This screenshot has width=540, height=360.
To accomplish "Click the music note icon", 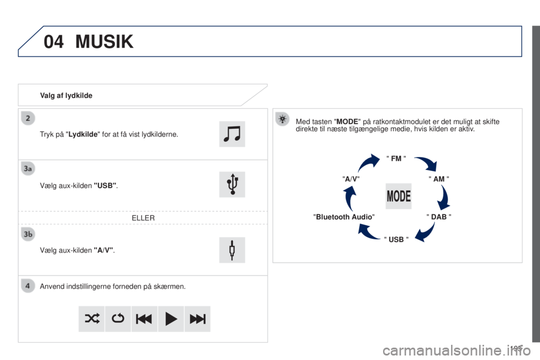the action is pyautogui.click(x=232, y=134).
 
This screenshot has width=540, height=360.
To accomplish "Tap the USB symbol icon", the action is pyautogui.click(x=232, y=184).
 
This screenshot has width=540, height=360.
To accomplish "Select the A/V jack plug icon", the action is pyautogui.click(x=232, y=250).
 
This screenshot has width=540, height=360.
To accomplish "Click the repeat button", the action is pyautogui.click(x=118, y=319).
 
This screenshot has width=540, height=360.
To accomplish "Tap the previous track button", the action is pyautogui.click(x=145, y=319).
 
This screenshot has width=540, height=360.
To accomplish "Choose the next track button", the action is pyautogui.click(x=197, y=319).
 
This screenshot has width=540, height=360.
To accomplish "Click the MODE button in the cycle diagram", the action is pyautogui.click(x=398, y=196).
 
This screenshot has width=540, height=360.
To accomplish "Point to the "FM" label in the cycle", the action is pyautogui.click(x=396, y=159).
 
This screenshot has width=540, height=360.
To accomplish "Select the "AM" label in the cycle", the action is pyautogui.click(x=439, y=179).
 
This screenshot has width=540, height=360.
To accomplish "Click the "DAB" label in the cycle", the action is pyautogui.click(x=439, y=217).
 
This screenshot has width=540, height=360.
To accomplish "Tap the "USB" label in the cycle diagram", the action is pyautogui.click(x=396, y=240).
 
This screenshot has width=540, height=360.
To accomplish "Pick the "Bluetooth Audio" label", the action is pyautogui.click(x=344, y=217).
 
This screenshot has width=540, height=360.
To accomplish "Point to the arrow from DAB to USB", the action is pyautogui.click(x=426, y=232).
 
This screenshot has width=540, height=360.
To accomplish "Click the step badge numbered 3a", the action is pyautogui.click(x=28, y=168).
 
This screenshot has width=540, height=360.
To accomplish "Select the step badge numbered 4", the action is pyautogui.click(x=28, y=286).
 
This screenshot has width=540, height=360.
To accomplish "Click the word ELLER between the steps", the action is pyautogui.click(x=143, y=218).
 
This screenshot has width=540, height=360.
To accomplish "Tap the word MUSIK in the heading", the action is pyautogui.click(x=105, y=42).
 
